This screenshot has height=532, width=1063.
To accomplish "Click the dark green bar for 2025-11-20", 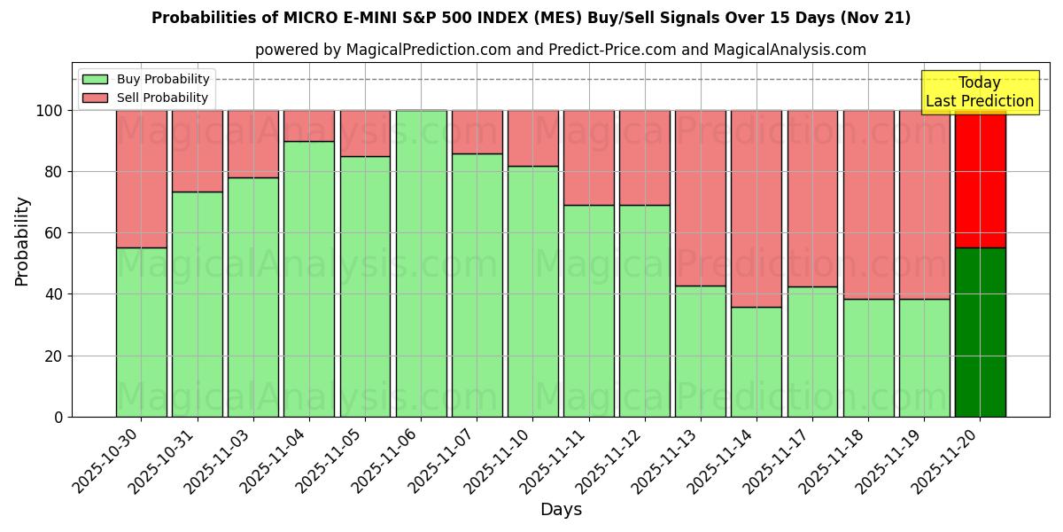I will (980, 332).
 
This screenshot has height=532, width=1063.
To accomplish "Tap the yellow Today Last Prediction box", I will (979, 92).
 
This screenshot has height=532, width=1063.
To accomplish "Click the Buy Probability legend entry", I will (145, 80).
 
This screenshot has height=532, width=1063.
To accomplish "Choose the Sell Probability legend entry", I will (145, 98).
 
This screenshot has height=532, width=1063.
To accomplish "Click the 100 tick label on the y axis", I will (50, 111).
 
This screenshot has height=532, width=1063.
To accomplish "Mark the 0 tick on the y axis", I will (59, 417).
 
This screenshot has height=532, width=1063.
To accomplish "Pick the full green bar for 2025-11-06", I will (421, 263).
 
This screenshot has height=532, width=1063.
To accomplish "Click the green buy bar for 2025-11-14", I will (757, 362).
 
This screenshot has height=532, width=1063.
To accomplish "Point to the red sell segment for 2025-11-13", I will (700, 198).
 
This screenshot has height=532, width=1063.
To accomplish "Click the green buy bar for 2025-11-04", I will (309, 279).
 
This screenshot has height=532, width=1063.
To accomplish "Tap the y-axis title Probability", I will (22, 241).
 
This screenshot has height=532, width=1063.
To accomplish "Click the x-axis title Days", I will (561, 510).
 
